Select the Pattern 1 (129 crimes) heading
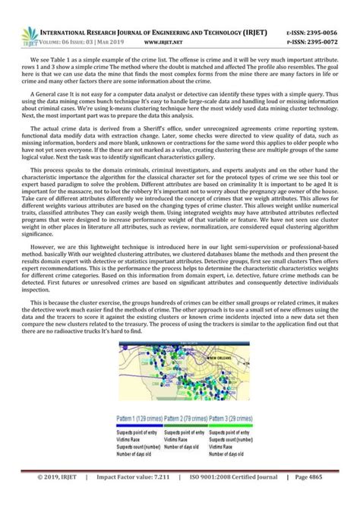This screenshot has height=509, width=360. tap(139, 418)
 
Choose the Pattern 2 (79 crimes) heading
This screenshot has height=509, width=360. tap(190, 418)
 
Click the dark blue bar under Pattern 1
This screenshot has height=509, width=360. tap(141, 425)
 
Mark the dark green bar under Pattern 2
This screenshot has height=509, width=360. tap(190, 425)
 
